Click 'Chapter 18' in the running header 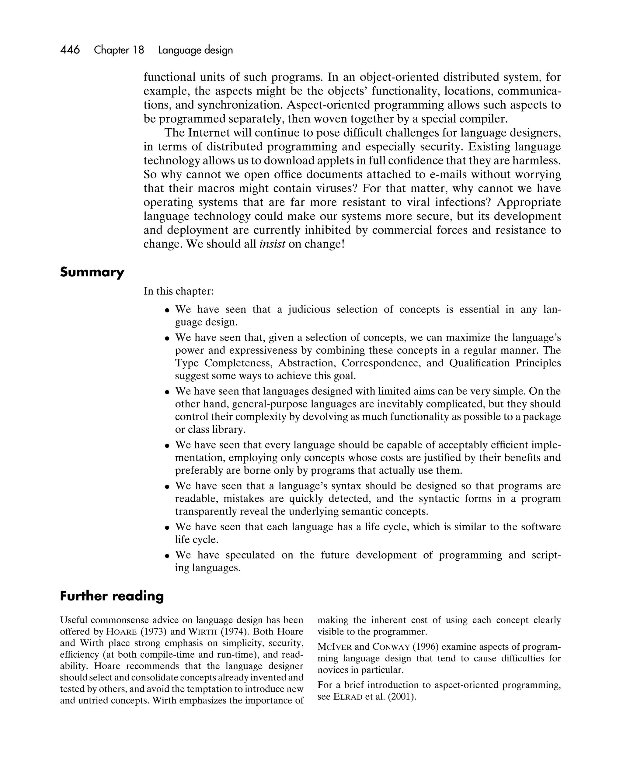(x=119, y=50)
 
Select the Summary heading (x=92, y=272)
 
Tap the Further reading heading (x=112, y=596)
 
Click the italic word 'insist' (x=272, y=244)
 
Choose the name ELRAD (x=348, y=697)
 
